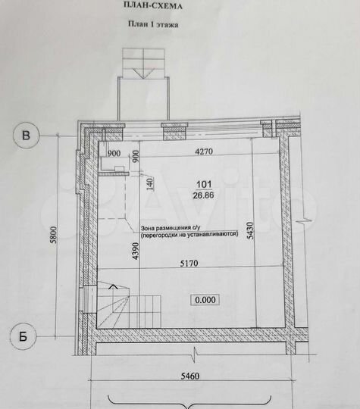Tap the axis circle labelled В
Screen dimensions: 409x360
27,136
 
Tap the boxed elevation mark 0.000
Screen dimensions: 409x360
205,299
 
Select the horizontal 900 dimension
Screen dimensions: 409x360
114,152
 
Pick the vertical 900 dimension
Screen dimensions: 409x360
136,157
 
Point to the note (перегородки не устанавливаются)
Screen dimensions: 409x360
189,235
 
